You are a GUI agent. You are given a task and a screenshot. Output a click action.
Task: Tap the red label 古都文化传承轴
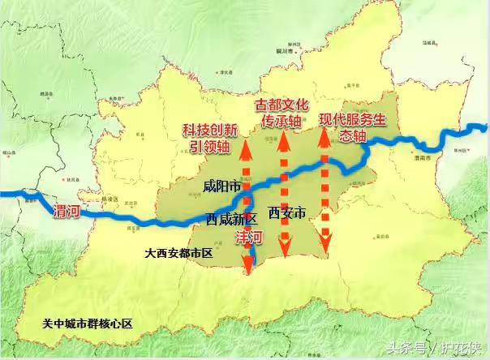pos(284,113)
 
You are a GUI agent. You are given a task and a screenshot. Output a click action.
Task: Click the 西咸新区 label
pos(231,219)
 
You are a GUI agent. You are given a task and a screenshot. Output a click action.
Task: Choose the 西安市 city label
pos(286,214)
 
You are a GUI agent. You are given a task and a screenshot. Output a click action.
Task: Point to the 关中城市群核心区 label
pos(88,324)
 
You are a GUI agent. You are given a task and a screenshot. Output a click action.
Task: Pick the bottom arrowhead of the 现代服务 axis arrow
pos(326,245)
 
